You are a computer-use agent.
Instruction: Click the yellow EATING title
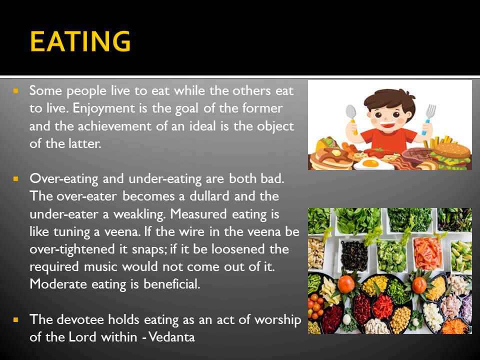pos(80,41)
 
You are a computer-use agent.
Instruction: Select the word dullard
pos(209,196)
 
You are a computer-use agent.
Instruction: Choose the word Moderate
pos(58,284)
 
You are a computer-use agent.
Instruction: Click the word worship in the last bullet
pos(278,320)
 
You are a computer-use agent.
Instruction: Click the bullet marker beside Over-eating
pos(16,178)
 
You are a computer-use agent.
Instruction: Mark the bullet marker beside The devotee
pos(16,320)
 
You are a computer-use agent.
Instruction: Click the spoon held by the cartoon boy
pos(352,118)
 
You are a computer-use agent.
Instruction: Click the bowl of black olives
pos(354,255)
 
